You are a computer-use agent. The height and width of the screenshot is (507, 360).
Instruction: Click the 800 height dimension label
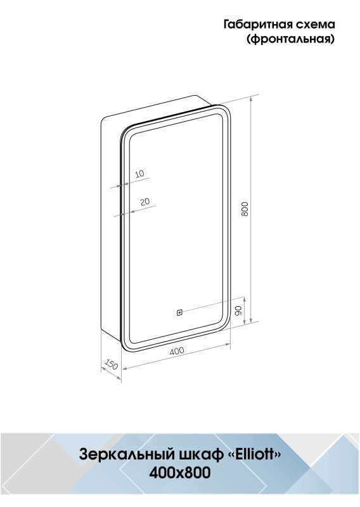point(245,209)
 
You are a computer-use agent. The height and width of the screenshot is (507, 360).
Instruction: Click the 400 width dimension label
point(177,351)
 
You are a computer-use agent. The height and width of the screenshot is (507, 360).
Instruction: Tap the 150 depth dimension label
point(111,364)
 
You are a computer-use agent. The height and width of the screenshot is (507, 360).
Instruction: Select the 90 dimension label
point(238,311)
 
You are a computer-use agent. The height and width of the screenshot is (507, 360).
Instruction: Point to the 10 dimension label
point(139,174)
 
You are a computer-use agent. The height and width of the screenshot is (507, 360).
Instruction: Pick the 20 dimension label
point(145,202)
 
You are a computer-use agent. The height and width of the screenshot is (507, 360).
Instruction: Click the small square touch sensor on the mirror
point(179,312)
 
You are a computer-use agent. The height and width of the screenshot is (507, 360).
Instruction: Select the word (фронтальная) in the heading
point(290,39)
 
